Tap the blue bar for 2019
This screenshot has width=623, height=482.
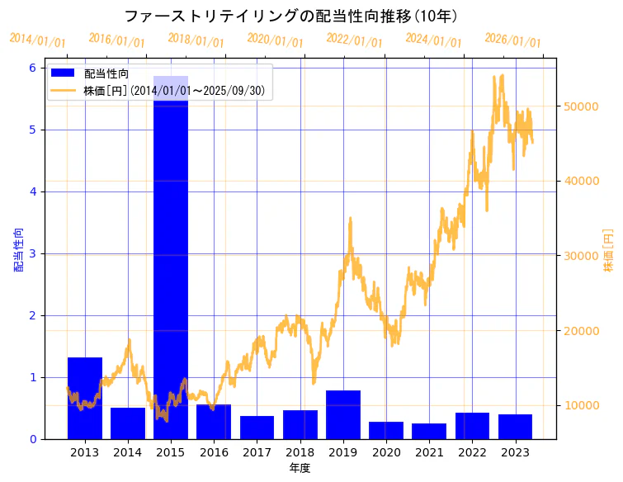pyautogui.click(x=342, y=414)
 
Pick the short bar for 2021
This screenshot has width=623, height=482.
pyautogui.click(x=429, y=431)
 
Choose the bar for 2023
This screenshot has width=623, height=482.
pyautogui.click(x=515, y=426)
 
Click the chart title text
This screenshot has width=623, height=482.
pyautogui.click(x=291, y=17)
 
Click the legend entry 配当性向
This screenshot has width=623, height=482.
pyautogui.click(x=106, y=74)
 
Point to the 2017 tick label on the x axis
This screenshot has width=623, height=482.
pyautogui.click(x=257, y=452)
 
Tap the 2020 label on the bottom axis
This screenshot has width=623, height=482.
pyautogui.click(x=385, y=452)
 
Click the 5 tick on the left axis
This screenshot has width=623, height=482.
pyautogui.click(x=33, y=130)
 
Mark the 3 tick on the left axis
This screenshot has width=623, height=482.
pyautogui.click(x=33, y=253)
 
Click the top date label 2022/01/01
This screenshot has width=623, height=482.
pyautogui.click(x=354, y=40)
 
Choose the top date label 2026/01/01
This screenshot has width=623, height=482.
pyautogui.click(x=512, y=40)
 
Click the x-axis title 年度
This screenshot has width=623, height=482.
pyautogui.click(x=300, y=469)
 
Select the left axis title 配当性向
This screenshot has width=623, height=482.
pyautogui.click(x=18, y=250)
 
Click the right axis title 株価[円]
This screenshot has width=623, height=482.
pyautogui.click(x=609, y=250)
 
